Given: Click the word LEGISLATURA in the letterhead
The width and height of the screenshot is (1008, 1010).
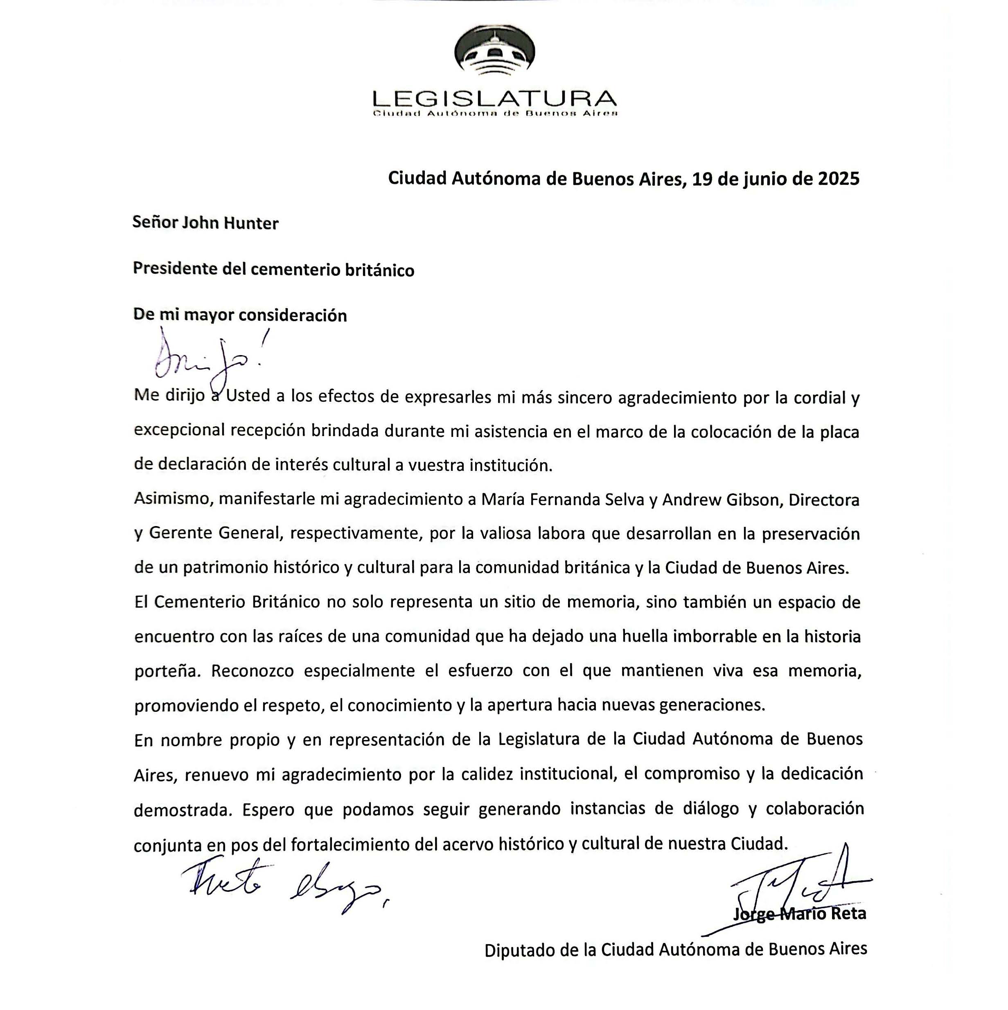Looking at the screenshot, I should [x=494, y=98].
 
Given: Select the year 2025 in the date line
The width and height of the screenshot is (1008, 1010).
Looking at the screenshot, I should [x=838, y=179].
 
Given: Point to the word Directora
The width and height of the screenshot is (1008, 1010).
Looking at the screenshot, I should [x=824, y=500].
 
